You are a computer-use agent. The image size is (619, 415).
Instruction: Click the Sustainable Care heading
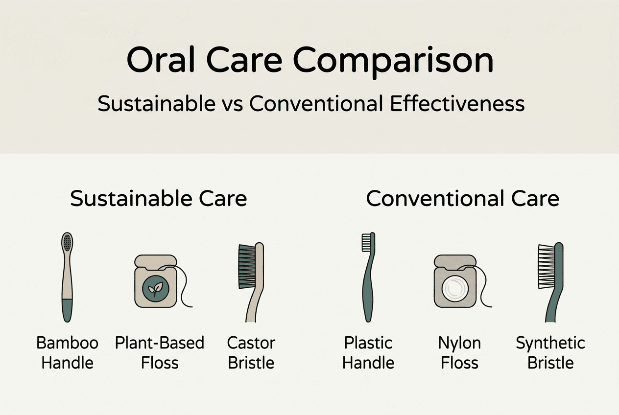158,199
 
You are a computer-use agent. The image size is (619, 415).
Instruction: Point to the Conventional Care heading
462,199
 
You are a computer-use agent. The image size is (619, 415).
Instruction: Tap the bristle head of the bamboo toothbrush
68,243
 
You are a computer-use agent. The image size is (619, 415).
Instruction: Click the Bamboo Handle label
68,352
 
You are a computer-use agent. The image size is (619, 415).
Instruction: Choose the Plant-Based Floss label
160,352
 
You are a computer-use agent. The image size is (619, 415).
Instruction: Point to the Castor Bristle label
251,352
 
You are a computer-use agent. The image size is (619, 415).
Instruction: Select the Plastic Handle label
368,352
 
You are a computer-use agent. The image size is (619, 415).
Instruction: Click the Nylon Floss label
459,352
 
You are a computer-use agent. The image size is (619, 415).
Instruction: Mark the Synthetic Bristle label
550,352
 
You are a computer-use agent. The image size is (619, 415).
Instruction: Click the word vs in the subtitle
231,104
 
